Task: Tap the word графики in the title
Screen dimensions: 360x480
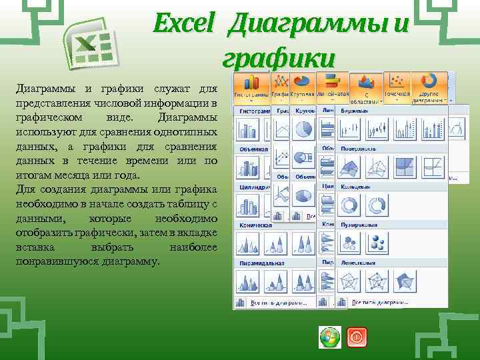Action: click(x=278, y=58)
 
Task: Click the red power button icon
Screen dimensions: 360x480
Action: click(x=357, y=338)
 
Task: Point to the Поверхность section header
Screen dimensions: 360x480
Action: click(x=360, y=150)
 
